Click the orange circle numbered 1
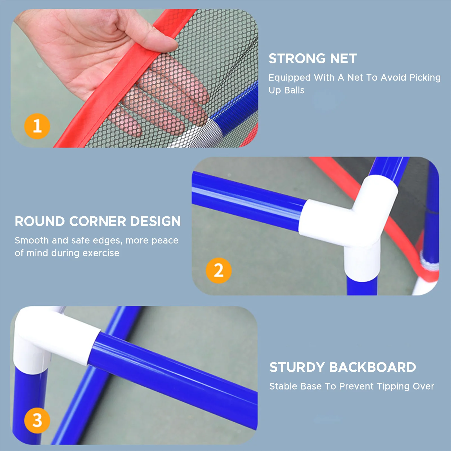37,126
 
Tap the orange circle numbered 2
219,270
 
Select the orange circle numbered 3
37,420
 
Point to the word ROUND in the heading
40,221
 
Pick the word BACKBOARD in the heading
372,367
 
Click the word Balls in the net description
294,90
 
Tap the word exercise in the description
101,253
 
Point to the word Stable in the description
283,386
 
